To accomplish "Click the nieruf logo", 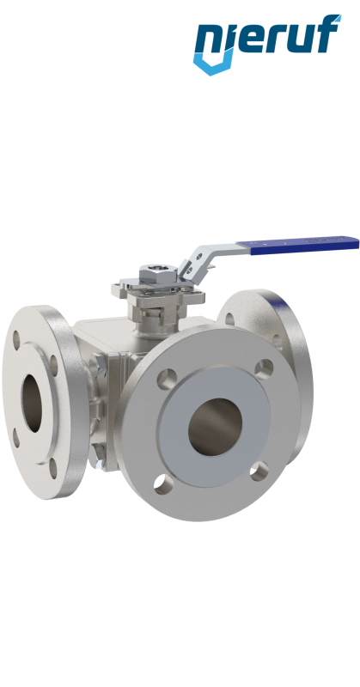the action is tap(266, 44).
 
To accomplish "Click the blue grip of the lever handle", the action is tap(298, 245).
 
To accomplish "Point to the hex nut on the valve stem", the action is tap(158, 274).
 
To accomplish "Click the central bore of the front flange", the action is tap(215, 427).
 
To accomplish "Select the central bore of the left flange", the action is tap(32, 403).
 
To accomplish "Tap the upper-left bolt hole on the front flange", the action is tap(167, 379).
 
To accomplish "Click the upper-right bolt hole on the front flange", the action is tap(264, 368).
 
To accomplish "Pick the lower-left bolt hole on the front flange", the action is tap(163, 484).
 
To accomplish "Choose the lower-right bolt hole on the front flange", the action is tap(259, 471).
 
